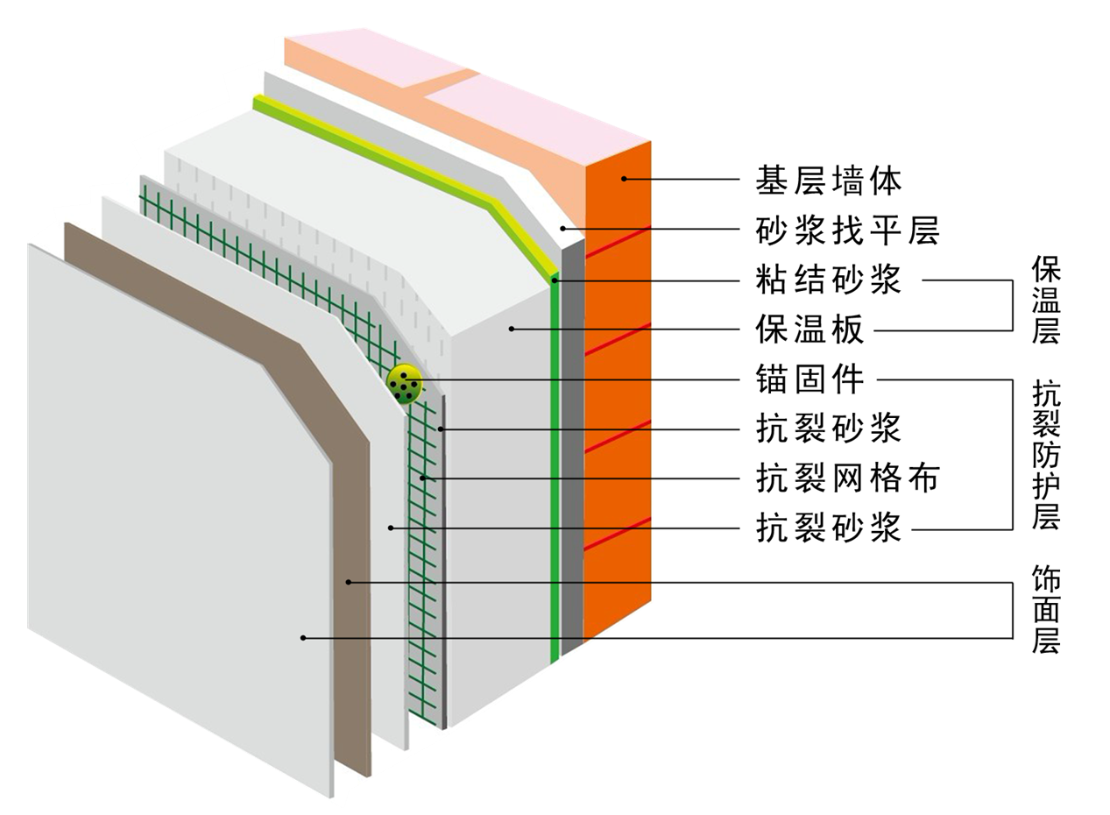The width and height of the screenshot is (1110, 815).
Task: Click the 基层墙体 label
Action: [x=828, y=181]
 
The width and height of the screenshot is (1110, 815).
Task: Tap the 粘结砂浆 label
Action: [x=828, y=281]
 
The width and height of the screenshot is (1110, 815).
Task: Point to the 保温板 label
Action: [x=810, y=330]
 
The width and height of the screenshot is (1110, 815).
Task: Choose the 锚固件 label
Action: [x=810, y=379]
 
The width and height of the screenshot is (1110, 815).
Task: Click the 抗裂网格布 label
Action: [x=846, y=478]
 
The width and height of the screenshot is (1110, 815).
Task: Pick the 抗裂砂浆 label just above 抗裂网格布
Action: [x=828, y=429]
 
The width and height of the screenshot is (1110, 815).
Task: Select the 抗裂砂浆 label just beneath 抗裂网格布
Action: [x=828, y=528]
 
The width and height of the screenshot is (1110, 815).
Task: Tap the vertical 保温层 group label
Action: [x=1045, y=300]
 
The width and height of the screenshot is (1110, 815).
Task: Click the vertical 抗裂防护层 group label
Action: [x=1045, y=455]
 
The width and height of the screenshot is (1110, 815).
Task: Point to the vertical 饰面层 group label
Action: [x=1045, y=611]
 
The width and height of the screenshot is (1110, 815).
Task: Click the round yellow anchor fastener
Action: [x=404, y=383]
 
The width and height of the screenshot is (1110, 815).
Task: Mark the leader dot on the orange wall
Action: [x=625, y=179]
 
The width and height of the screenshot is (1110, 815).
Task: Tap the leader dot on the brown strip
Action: [x=348, y=581]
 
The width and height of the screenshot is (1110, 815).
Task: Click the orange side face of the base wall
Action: [x=619, y=394]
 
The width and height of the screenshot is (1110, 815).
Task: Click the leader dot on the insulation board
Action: [x=511, y=330]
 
